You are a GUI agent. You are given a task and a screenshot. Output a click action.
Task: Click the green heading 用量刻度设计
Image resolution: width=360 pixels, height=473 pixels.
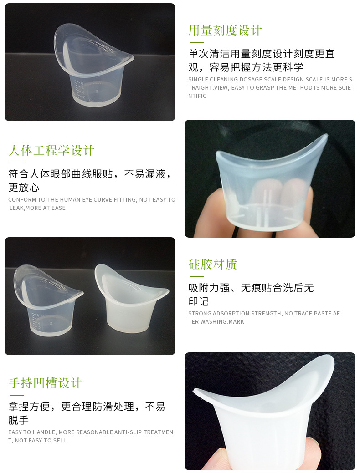225,30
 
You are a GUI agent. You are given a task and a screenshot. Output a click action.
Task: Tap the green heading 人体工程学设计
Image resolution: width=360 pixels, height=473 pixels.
51,150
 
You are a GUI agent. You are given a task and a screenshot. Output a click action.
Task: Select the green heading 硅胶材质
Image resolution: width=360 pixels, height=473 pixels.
213,264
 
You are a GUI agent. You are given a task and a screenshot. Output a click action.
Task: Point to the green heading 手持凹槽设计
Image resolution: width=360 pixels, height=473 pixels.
45,383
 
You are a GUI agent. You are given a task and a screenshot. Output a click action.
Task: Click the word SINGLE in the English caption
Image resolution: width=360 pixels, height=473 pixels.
198,80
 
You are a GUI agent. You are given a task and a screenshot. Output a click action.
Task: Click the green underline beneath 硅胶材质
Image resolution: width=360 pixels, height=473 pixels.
196,277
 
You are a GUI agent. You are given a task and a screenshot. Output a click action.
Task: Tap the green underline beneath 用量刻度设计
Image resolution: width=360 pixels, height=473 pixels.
196,42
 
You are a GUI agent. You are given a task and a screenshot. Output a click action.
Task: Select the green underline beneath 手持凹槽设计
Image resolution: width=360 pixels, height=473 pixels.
16,395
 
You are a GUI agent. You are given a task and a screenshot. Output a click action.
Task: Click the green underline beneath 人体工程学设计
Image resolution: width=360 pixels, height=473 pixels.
16,163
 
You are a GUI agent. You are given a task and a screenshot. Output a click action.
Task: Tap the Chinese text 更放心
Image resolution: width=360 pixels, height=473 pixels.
24,187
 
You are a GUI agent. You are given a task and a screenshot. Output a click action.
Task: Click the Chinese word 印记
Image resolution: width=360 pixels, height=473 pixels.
198,301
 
